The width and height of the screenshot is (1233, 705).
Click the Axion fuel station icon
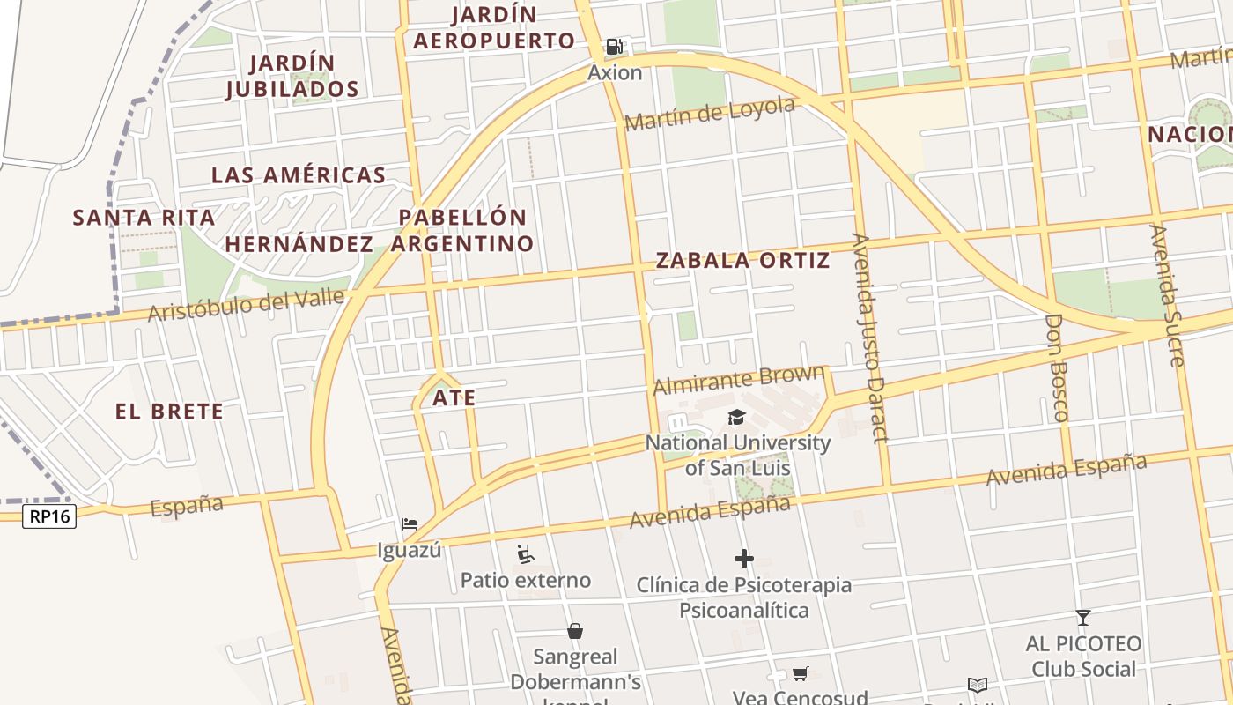click(x=615, y=47)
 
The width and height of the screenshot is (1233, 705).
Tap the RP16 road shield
click(x=49, y=516)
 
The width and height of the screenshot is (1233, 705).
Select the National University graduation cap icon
click(x=737, y=417)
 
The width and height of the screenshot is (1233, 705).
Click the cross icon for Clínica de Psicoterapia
click(x=744, y=558)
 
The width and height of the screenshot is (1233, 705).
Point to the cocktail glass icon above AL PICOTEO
click(x=1083, y=618)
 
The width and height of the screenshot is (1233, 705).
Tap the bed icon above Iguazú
click(x=410, y=524)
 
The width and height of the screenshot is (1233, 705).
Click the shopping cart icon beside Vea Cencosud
click(x=800, y=674)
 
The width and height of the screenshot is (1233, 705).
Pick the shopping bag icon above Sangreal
click(x=575, y=631)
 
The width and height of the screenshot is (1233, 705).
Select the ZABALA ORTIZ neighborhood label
click(x=742, y=260)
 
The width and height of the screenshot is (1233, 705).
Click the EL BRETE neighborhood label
click(x=169, y=412)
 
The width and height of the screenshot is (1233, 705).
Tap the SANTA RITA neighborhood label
click(x=144, y=218)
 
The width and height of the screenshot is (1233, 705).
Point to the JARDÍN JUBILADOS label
click(x=292, y=76)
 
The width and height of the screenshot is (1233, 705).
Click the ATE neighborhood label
click(x=454, y=398)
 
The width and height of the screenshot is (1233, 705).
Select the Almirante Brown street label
click(x=740, y=381)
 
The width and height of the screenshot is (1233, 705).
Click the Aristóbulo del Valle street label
click(x=246, y=305)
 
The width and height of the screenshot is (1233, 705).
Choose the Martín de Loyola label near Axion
click(x=710, y=113)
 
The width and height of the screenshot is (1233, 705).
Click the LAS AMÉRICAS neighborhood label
click(x=299, y=174)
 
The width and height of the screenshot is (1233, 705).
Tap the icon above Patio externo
click(x=526, y=554)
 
